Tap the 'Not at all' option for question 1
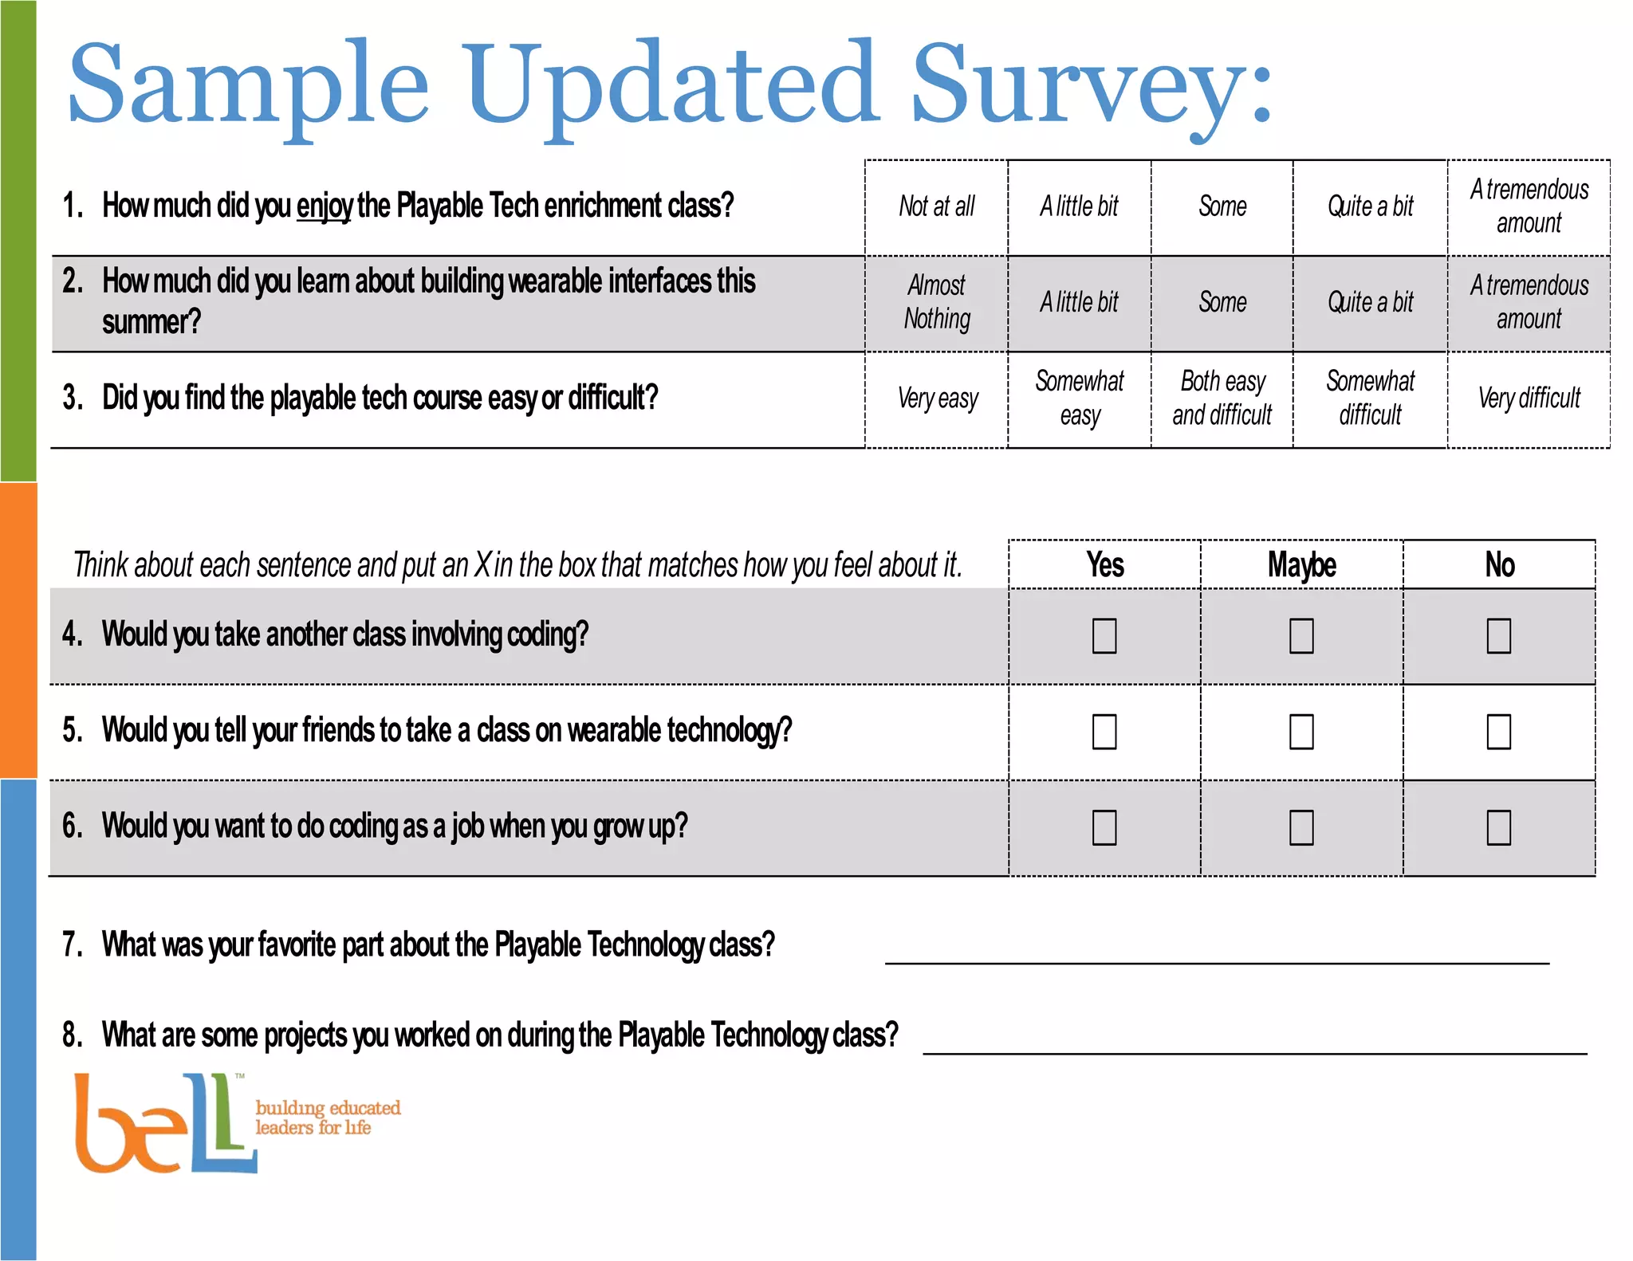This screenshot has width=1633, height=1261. [937, 206]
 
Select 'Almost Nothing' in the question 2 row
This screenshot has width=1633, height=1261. [937, 302]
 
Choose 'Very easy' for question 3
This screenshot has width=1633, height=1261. [938, 399]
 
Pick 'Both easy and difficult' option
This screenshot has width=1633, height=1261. [1222, 399]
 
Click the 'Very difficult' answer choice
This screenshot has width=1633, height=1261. [1529, 399]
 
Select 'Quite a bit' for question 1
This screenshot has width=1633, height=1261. [1370, 206]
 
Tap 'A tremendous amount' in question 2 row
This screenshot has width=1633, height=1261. [1529, 302]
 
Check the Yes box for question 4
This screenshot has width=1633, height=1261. [1104, 636]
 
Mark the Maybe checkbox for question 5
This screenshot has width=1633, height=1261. [1301, 732]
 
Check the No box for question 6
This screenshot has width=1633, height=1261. [1499, 827]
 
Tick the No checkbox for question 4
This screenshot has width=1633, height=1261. [1499, 636]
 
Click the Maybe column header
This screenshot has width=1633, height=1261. [1301, 565]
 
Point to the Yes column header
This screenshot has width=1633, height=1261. [1105, 565]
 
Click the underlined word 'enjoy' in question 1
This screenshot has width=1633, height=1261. [324, 206]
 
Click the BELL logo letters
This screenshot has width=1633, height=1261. [164, 1124]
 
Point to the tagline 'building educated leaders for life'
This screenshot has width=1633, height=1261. [327, 1118]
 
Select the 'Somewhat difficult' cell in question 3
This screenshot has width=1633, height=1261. [1370, 399]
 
